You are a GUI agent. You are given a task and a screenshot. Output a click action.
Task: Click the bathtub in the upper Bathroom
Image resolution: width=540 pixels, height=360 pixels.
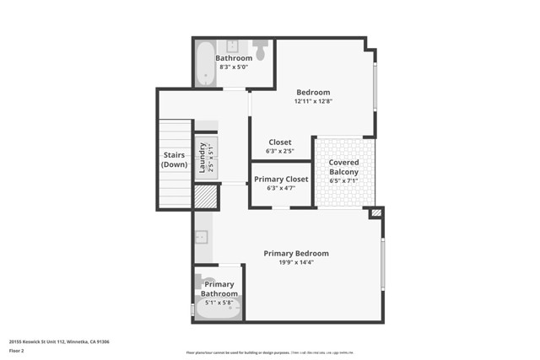(205, 63)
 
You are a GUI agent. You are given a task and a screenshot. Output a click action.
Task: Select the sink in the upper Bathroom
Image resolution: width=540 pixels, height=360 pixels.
(233, 46)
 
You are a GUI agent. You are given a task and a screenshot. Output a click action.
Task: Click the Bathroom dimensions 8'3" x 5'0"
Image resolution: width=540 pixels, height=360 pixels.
(234, 67)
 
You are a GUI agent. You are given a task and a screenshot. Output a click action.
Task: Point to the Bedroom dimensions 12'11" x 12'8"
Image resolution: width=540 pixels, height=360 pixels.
(312, 101)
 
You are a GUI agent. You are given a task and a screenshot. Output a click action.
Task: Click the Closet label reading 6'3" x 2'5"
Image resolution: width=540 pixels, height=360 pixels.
(279, 151)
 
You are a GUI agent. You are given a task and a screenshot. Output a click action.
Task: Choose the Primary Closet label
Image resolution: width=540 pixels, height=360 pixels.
(281, 178)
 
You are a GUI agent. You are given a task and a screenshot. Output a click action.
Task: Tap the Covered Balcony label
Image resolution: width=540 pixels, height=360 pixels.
(343, 167)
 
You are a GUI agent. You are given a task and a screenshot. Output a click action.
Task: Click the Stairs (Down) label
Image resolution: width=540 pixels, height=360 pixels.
(174, 159)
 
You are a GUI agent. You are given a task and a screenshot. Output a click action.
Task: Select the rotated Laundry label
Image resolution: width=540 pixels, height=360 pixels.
(202, 158)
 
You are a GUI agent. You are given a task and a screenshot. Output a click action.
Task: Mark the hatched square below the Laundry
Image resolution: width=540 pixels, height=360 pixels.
(205, 196)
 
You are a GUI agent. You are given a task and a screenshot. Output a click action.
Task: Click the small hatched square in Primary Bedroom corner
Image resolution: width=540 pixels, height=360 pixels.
(376, 213)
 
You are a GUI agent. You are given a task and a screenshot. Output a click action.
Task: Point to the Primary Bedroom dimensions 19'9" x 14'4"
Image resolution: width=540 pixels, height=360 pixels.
(296, 262)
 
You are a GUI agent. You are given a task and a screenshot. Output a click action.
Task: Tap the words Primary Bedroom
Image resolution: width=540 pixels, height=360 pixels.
(296, 253)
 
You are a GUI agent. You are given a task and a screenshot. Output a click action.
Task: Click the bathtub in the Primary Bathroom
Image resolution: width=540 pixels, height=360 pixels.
(219, 309)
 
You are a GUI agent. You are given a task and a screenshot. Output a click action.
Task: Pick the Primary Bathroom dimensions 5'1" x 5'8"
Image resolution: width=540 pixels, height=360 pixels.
(219, 302)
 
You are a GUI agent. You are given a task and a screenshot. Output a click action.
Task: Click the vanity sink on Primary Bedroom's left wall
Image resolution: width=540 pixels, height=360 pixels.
(202, 238)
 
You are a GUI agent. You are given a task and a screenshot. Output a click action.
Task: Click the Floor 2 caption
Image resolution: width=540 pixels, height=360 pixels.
(17, 350)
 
